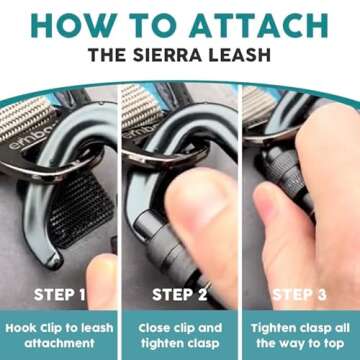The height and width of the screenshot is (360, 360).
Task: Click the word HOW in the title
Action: [78, 24]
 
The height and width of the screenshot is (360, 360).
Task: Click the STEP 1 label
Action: [60, 294]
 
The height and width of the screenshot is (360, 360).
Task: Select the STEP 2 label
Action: [180, 294]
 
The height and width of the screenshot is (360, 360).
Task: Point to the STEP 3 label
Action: [300, 294]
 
